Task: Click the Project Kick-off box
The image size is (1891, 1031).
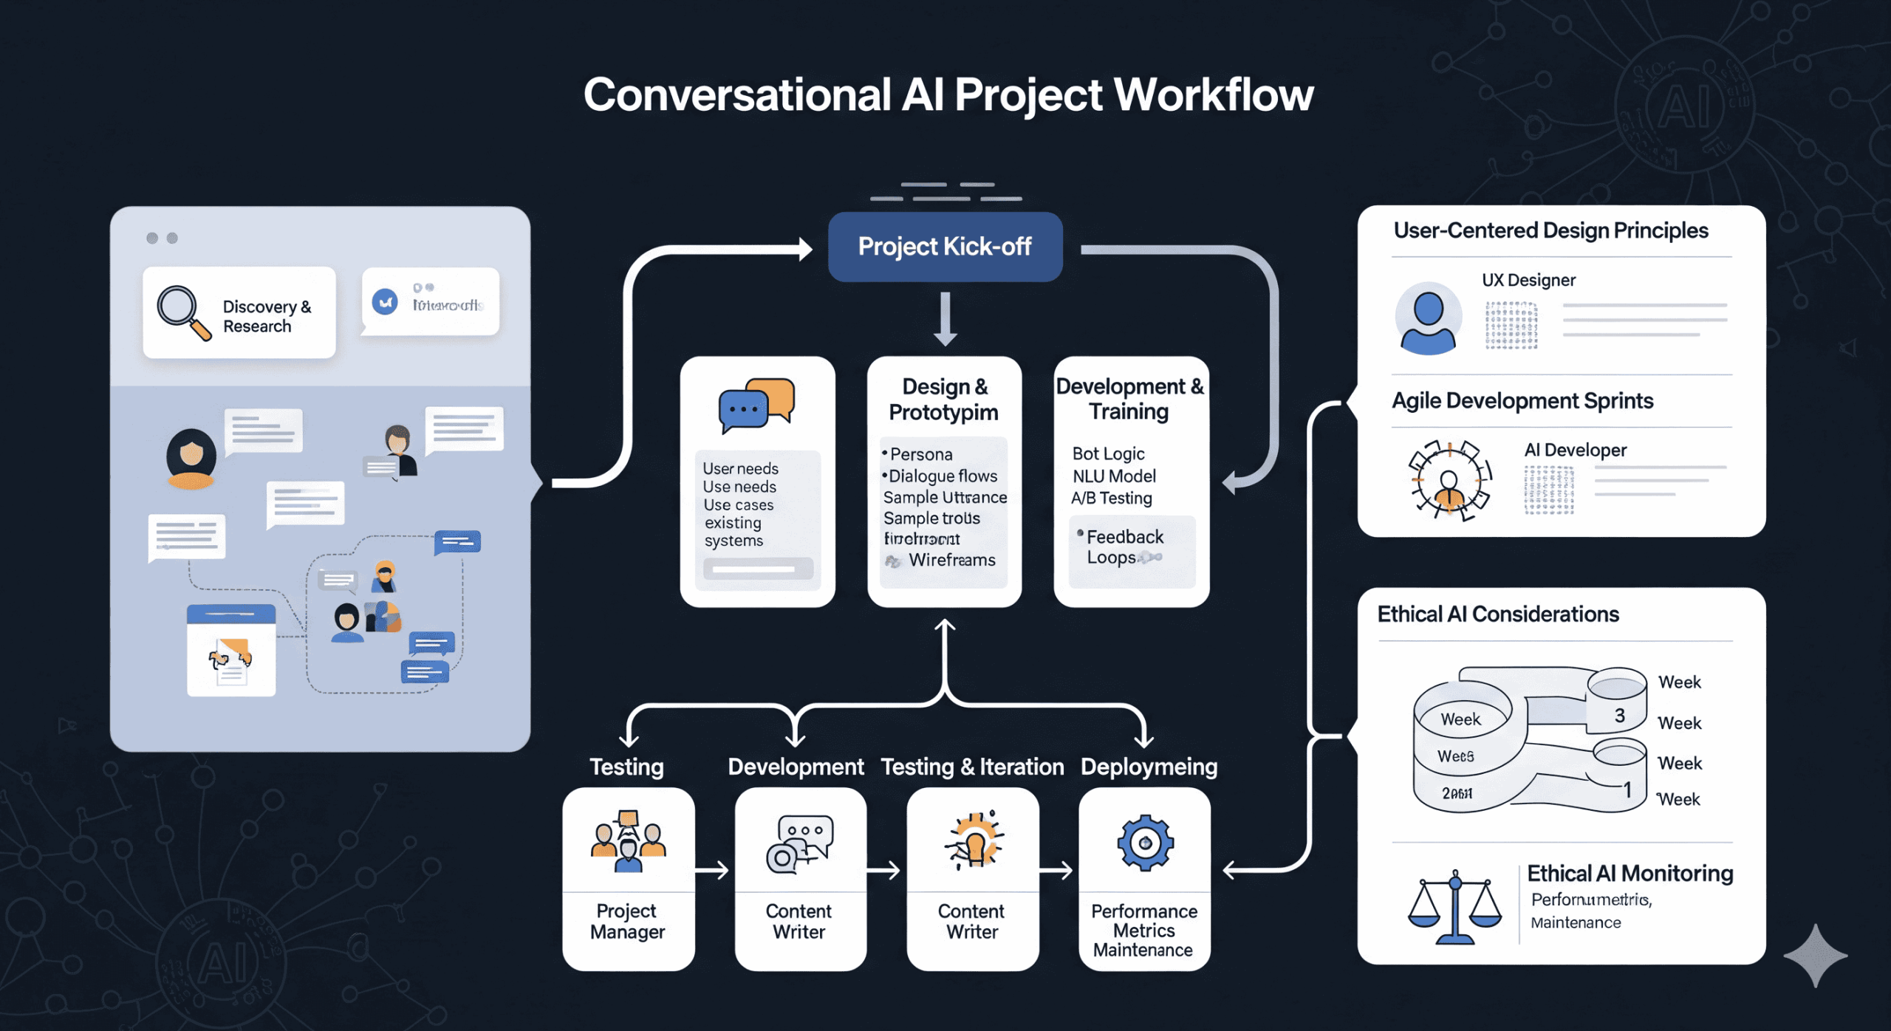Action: coord(945,247)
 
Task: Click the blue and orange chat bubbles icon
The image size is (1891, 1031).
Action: coord(756,405)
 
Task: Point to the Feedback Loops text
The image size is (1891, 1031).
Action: coord(1124,547)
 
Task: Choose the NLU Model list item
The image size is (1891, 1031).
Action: coord(1114,476)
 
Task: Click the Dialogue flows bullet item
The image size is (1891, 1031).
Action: coord(942,476)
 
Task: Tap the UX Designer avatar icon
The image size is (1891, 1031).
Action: coord(1428,318)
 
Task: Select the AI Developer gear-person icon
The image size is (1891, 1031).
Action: coord(1449,480)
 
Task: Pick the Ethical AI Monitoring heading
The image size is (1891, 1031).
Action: coord(1630,874)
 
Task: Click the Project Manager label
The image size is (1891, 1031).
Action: coord(627,921)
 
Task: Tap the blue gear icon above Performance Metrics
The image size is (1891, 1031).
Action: coord(1145,843)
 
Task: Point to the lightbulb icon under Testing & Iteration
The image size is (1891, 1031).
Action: coord(974,841)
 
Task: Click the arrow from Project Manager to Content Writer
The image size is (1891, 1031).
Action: coord(713,871)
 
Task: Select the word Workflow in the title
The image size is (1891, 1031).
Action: coord(1213,95)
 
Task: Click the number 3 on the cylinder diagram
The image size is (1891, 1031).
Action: coord(1619,715)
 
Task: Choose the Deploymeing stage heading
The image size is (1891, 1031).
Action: coord(1149,767)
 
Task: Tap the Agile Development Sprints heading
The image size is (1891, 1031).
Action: coord(1522,401)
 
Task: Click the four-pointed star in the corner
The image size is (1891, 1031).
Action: coord(1815,955)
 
